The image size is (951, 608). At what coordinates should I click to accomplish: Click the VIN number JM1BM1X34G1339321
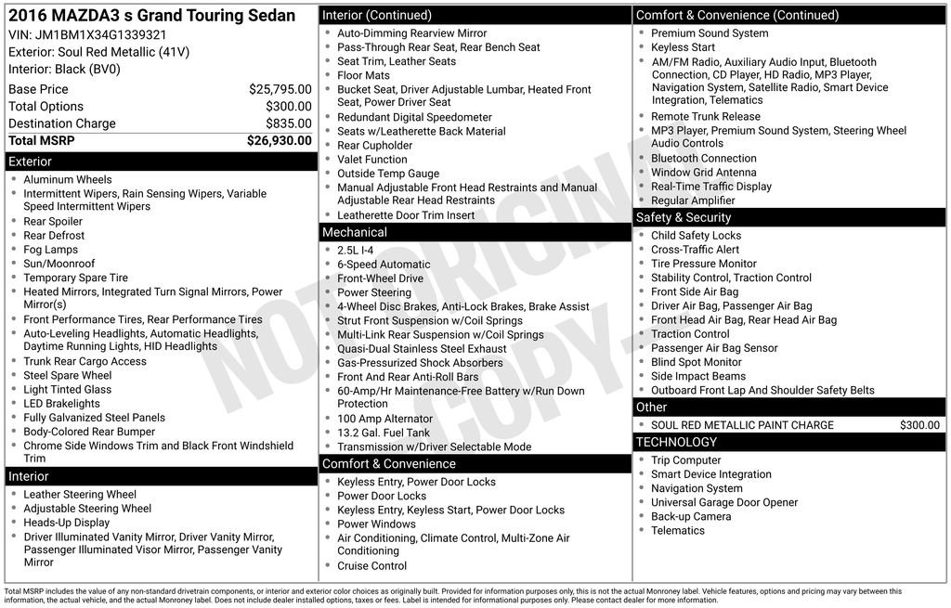[x=87, y=34]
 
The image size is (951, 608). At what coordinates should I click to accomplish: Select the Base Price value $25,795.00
[x=280, y=89]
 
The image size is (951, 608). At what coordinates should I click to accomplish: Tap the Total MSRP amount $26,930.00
[x=279, y=140]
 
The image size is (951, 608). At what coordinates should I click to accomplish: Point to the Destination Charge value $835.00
[x=288, y=123]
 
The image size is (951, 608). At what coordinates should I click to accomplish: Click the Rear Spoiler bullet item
[x=53, y=222]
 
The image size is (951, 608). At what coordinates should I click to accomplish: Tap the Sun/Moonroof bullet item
[x=59, y=264]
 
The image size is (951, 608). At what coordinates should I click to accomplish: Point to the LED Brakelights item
[x=61, y=404]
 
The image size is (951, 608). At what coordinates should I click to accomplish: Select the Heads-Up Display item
[x=66, y=523]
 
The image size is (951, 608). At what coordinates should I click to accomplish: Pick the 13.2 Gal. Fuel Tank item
[x=384, y=433]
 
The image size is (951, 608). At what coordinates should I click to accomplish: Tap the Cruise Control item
[x=371, y=566]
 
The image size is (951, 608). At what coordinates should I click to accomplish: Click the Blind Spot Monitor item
[x=696, y=362]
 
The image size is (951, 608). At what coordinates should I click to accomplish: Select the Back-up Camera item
[x=690, y=516]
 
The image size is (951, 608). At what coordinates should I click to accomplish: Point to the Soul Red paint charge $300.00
[x=919, y=425]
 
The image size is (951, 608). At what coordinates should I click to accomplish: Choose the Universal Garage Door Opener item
[x=724, y=502]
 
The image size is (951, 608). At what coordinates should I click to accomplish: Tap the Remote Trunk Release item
[x=705, y=117]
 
